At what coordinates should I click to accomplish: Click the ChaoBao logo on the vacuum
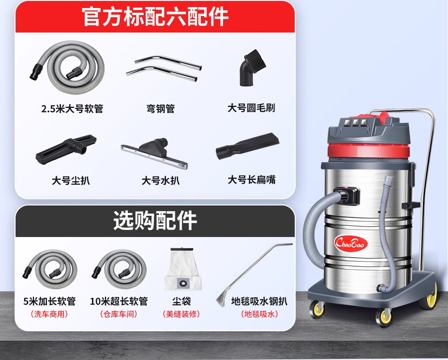pos(351,244)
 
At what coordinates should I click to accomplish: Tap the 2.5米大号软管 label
pos(72,109)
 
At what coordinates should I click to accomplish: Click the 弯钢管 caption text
pos(160,109)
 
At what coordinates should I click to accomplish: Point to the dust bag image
pos(183,269)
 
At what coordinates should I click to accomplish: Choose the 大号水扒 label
pos(160,180)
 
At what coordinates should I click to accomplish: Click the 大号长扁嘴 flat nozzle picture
pos(248,146)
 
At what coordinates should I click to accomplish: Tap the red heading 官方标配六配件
pos(155,17)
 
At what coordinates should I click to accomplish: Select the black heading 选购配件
pos(155,221)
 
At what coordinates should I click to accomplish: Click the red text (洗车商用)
pos(49,314)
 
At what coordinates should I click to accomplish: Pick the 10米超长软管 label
pos(119,301)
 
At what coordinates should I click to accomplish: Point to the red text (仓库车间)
pos(119,314)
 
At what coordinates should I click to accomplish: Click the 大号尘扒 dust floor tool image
pos(66,149)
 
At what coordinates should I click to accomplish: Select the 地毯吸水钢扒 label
pos(259,301)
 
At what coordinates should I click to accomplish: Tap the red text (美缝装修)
pos(182,314)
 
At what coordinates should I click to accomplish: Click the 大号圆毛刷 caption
pos(251,108)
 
